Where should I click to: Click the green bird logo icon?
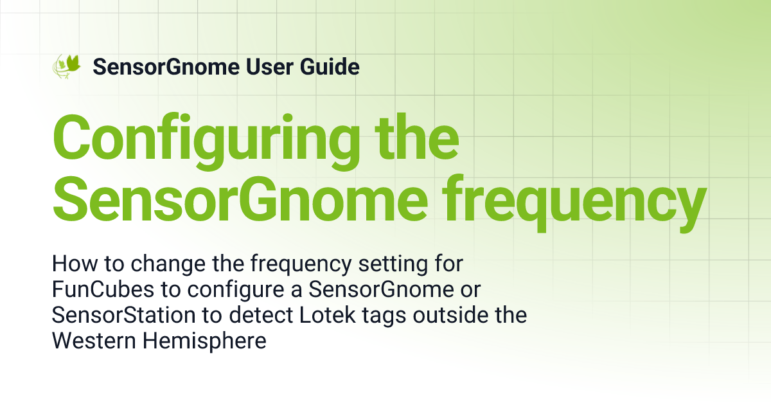[x=66, y=66]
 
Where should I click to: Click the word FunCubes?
[x=103, y=289]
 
